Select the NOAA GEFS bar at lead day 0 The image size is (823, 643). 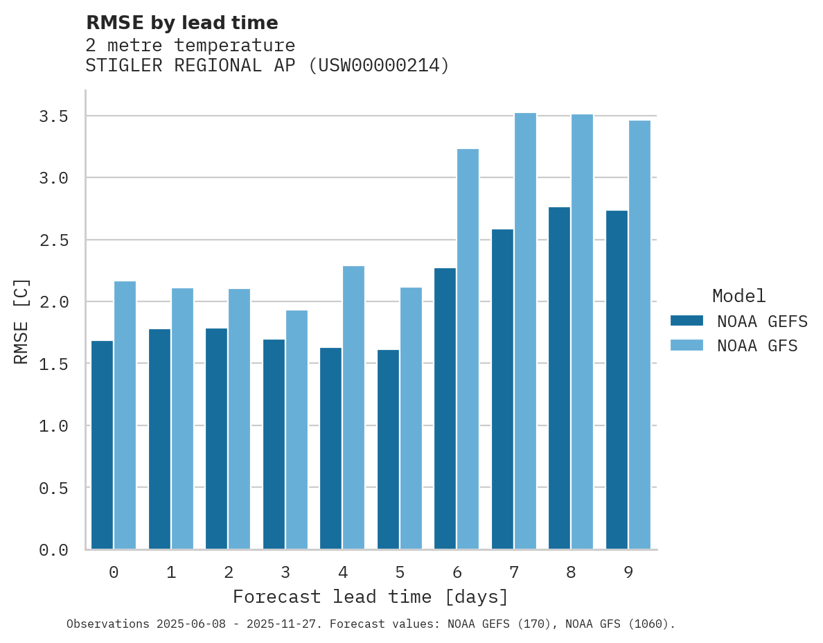click(103, 445)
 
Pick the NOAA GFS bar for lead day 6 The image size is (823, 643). click(468, 349)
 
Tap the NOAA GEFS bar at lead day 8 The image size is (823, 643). click(559, 378)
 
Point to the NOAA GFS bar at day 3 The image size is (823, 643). click(297, 430)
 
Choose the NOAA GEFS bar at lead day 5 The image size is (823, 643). click(388, 450)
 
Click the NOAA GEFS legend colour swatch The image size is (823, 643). click(687, 321)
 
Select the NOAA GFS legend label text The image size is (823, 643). click(757, 346)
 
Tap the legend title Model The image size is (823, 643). click(738, 296)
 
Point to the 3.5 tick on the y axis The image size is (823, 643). click(53, 116)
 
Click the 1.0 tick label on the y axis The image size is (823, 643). click(53, 425)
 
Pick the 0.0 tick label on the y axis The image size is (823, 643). click(53, 550)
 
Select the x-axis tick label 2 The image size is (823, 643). click(228, 572)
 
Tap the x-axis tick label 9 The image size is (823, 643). click(628, 572)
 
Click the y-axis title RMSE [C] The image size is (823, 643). click(21, 321)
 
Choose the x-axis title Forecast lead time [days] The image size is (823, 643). click(371, 597)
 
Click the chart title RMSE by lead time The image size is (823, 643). click(182, 23)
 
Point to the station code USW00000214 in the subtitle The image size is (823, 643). click(378, 66)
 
